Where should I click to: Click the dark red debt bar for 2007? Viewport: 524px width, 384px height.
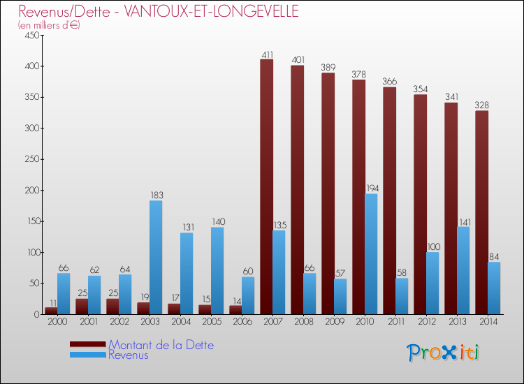(x=266, y=187)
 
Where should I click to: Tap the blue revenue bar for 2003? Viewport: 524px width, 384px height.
(x=156, y=258)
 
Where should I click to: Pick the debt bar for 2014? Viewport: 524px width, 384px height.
(x=481, y=212)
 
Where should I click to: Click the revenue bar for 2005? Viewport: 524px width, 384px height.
(x=217, y=271)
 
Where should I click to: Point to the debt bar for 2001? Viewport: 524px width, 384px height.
(x=82, y=307)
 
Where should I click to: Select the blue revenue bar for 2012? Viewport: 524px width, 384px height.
(x=432, y=283)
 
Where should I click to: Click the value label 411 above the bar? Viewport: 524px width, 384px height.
(x=266, y=54)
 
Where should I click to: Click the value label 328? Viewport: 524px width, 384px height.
(x=481, y=105)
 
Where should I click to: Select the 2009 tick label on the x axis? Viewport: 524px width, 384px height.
(x=334, y=322)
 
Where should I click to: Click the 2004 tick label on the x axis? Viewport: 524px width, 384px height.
(x=180, y=322)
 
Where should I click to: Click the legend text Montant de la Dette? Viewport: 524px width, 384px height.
(x=161, y=345)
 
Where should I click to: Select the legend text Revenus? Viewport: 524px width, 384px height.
(x=129, y=355)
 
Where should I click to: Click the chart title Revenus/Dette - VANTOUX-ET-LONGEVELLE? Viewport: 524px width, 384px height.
(x=159, y=11)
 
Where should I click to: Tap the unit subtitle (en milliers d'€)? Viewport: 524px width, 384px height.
(x=50, y=25)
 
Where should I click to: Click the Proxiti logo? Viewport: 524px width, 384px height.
(x=444, y=353)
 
